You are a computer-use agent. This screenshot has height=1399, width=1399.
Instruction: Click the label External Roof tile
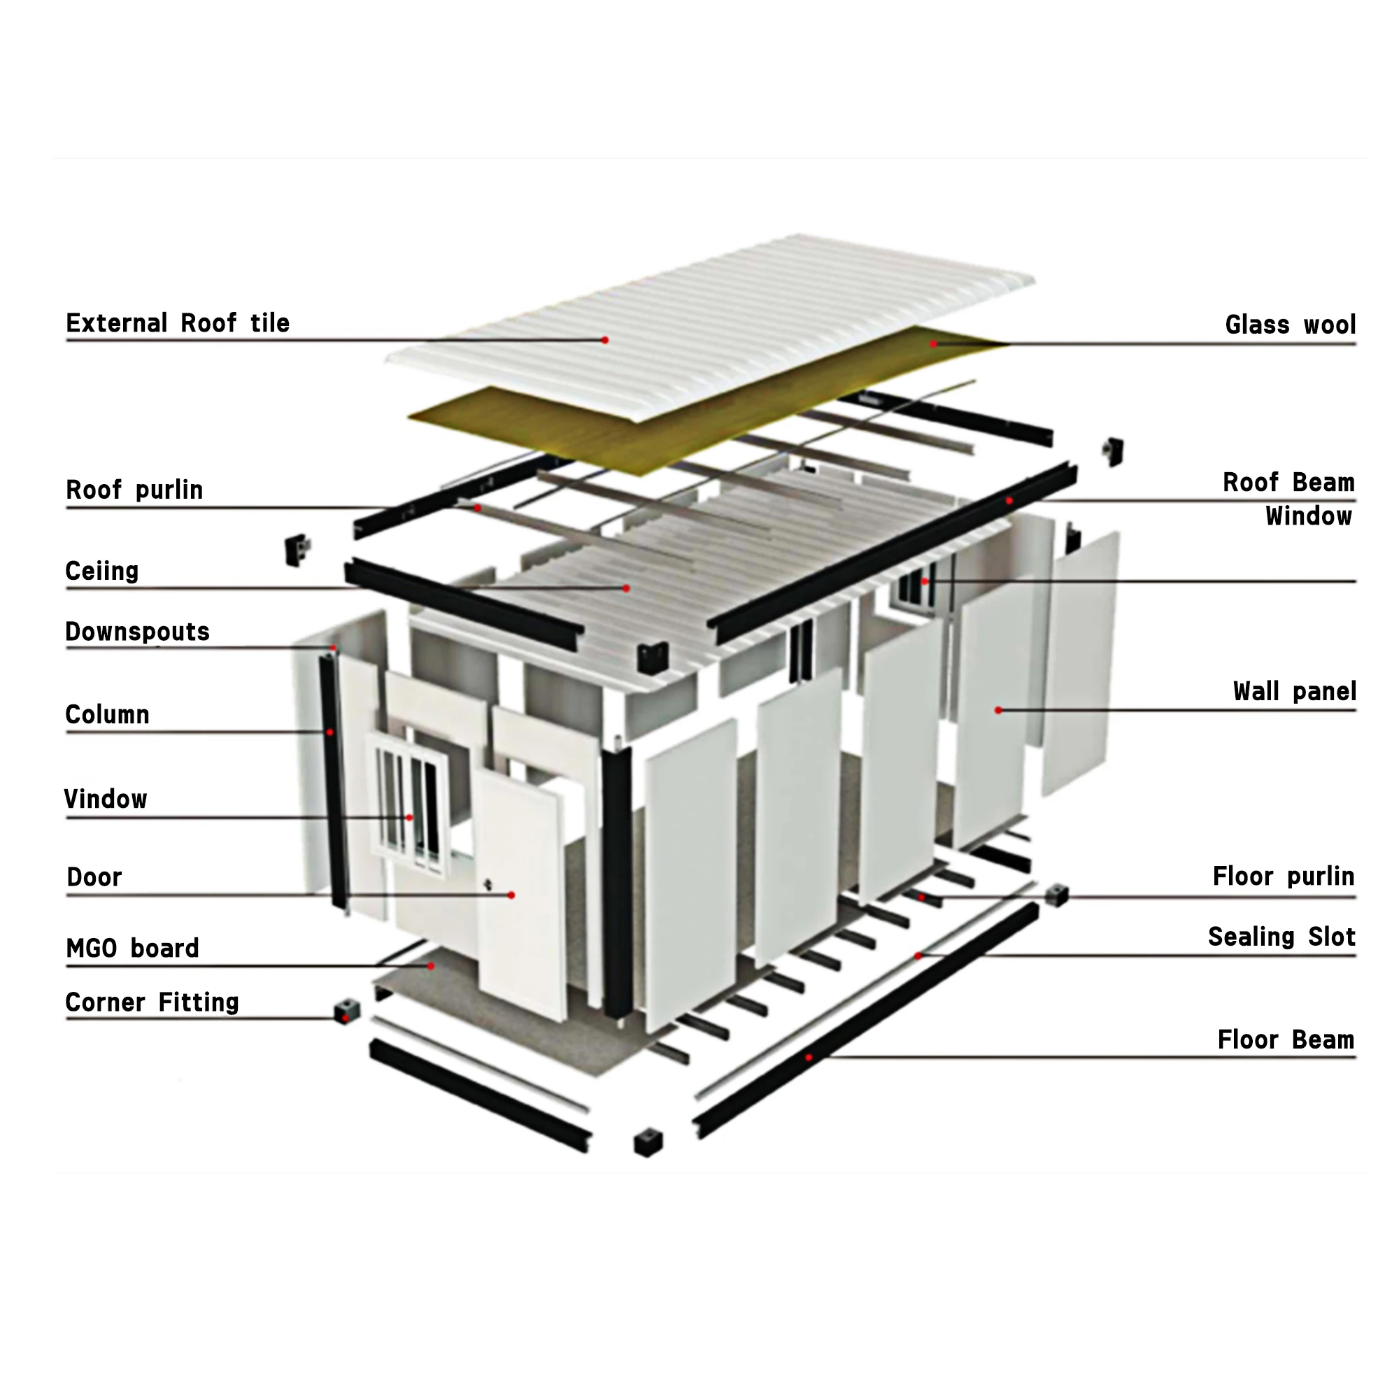(x=178, y=323)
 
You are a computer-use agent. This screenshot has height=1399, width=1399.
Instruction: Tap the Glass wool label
(x=1290, y=325)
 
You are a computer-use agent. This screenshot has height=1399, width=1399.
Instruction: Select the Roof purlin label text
(x=134, y=490)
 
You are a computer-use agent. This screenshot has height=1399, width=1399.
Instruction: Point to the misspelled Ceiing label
(x=101, y=571)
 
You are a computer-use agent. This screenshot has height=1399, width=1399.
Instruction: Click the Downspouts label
(x=137, y=632)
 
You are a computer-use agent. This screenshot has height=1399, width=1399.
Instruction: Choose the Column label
(x=107, y=715)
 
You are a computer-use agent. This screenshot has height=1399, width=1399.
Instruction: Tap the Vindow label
(x=106, y=800)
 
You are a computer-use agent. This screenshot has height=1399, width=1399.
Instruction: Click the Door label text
(x=94, y=878)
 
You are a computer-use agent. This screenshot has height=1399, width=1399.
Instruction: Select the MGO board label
(x=132, y=949)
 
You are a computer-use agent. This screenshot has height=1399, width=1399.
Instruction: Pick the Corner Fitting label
(x=152, y=1003)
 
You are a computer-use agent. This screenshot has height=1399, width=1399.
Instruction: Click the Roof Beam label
(x=1288, y=483)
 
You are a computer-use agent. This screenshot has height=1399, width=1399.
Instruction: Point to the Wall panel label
(x=1294, y=693)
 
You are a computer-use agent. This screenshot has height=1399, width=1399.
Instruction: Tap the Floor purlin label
(x=1283, y=877)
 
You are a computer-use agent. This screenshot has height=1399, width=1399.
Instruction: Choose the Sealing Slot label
(x=1281, y=938)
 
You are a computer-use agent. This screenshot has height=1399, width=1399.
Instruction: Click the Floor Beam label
(x=1285, y=1041)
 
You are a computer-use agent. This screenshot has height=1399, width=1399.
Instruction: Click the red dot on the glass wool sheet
(x=933, y=344)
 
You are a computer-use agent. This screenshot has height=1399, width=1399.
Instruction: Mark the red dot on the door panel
(x=511, y=896)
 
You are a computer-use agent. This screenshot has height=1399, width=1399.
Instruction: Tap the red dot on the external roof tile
(x=604, y=340)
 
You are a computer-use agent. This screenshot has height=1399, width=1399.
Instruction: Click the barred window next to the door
(x=410, y=804)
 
